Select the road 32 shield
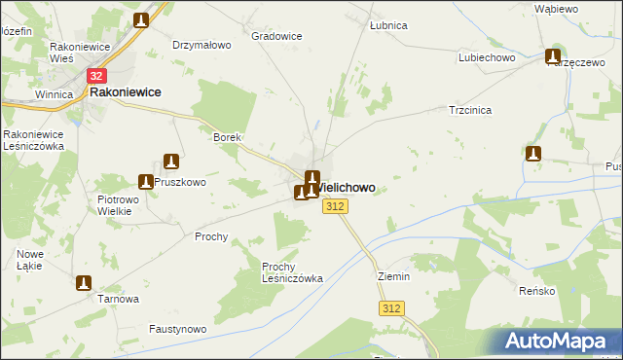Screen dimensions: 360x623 96,75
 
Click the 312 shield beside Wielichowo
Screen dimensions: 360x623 335,206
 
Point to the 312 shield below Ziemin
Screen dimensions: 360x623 391,308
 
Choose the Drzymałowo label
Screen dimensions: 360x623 200,45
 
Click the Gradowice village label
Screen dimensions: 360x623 276,36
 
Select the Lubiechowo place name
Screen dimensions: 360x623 487,57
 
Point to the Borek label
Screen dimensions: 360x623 227,138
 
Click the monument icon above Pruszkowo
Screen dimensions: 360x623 171,162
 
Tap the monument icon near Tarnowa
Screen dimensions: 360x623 84,283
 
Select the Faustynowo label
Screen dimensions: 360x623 177,329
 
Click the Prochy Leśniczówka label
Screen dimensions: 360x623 292,271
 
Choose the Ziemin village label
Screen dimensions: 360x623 394,276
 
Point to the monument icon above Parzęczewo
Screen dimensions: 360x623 554,56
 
